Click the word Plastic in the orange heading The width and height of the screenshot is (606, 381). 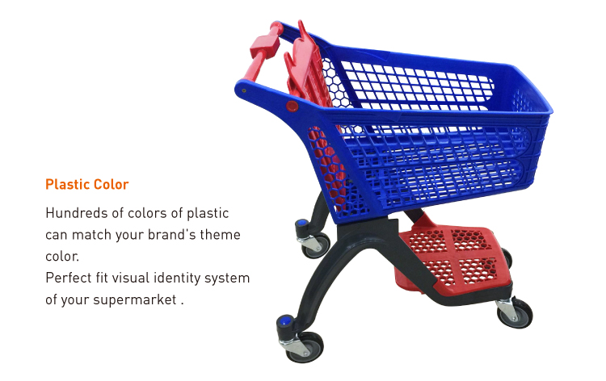[67, 184]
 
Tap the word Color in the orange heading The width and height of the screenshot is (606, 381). [111, 184]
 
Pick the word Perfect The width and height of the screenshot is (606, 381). [68, 278]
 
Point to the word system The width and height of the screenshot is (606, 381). [228, 278]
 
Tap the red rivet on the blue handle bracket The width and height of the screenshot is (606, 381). [292, 106]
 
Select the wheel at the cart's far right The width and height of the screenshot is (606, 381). [515, 312]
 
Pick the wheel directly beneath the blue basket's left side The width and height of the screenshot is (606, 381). [316, 244]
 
